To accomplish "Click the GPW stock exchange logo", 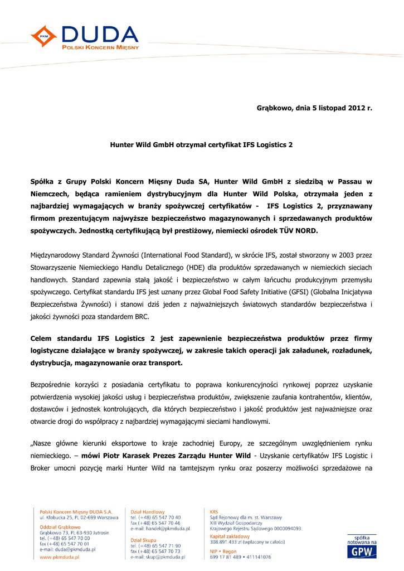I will [x=362, y=551].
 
